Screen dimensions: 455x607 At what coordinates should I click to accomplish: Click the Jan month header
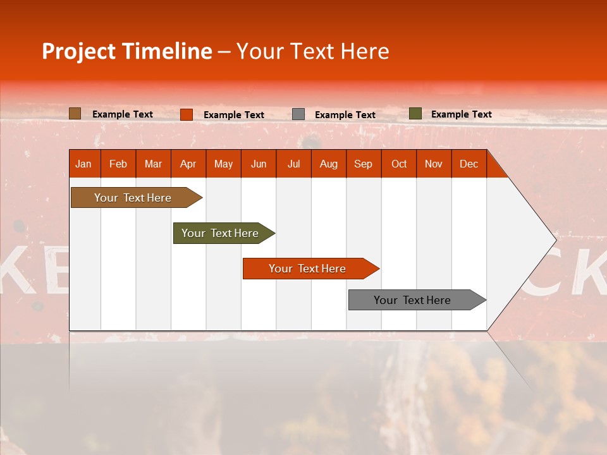click(x=84, y=164)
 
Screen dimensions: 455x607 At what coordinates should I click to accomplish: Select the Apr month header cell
click(x=188, y=164)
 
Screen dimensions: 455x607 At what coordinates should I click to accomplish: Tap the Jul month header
click(x=293, y=164)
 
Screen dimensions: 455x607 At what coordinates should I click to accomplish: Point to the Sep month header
click(x=364, y=164)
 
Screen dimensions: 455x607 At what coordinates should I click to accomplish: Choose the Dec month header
click(x=469, y=164)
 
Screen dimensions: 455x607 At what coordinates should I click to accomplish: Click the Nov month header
click(x=434, y=164)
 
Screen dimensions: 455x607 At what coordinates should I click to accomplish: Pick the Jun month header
click(x=259, y=164)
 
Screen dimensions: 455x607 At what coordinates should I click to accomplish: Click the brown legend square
click(x=75, y=114)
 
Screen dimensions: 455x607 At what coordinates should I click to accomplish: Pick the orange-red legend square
click(x=187, y=114)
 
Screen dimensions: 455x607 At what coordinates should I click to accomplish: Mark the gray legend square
click(x=298, y=114)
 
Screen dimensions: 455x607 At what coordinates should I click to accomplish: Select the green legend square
click(x=415, y=114)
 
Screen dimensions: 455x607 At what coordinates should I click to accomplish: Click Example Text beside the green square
click(x=461, y=114)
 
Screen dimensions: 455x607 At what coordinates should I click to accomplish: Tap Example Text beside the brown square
click(x=123, y=114)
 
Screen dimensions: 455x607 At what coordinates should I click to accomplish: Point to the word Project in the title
click(x=78, y=51)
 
